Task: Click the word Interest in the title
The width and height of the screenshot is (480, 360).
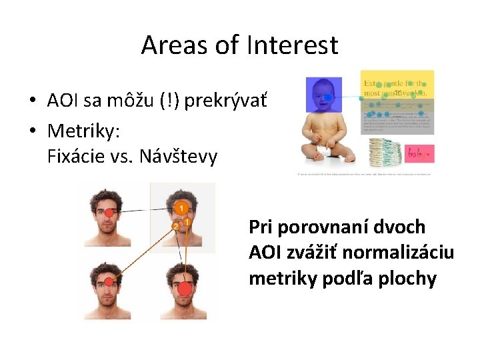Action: pos(293,45)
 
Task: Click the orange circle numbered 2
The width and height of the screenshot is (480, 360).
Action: pos(175,227)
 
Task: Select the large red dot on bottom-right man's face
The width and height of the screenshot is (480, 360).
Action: pos(184,289)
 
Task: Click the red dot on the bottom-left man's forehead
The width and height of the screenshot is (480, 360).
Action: pos(109,283)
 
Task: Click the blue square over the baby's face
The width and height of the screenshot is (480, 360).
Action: pos(323,95)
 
